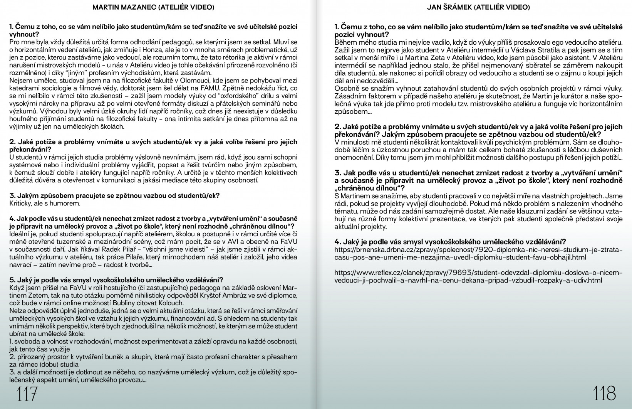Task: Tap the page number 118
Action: (x=605, y=394)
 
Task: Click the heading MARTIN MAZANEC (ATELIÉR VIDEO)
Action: (x=154, y=7)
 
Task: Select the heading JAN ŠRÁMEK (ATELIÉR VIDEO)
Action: (x=478, y=7)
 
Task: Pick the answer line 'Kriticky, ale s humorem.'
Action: (x=45, y=203)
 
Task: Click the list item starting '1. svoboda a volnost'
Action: (x=153, y=342)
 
